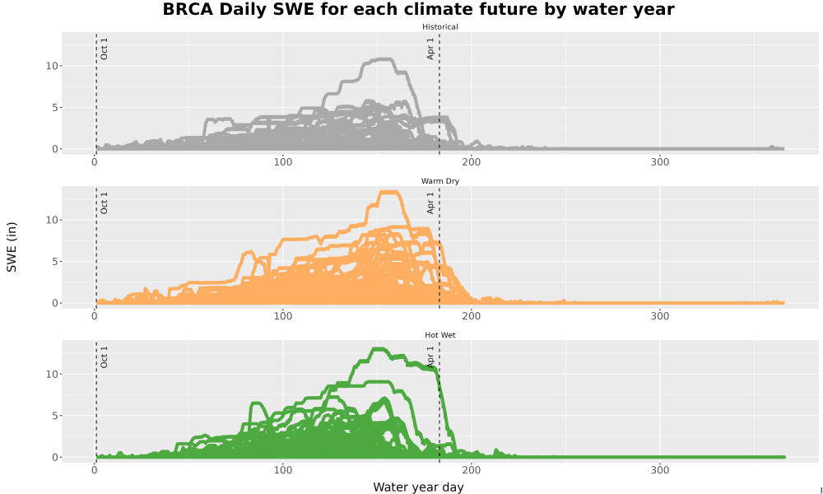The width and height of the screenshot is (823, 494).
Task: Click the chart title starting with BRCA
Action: point(418,9)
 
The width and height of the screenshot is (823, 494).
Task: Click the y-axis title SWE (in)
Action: point(12,247)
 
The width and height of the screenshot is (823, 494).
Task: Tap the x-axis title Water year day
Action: point(418,487)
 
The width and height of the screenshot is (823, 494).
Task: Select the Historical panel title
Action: point(439,27)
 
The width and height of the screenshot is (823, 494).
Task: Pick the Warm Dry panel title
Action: point(439,181)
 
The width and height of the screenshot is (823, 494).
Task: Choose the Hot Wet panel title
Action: point(439,335)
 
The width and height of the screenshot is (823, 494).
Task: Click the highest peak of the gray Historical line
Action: point(386,59)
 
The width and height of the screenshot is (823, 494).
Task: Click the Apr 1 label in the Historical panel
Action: point(430,49)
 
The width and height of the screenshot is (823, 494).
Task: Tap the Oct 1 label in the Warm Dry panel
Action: point(104,203)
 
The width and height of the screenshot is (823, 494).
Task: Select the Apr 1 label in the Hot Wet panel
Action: point(430,357)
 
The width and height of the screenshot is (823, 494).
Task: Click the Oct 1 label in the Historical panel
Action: point(104,49)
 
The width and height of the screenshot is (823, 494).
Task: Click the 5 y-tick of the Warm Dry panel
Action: point(54,262)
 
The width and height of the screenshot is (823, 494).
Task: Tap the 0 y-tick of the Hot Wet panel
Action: point(54,457)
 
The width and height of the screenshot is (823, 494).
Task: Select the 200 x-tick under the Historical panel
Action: point(472,162)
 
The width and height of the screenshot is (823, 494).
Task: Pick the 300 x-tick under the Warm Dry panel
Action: point(660,316)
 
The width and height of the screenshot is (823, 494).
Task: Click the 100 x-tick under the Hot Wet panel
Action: point(283,470)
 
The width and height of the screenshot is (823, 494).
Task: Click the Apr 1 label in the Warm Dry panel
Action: point(430,203)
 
